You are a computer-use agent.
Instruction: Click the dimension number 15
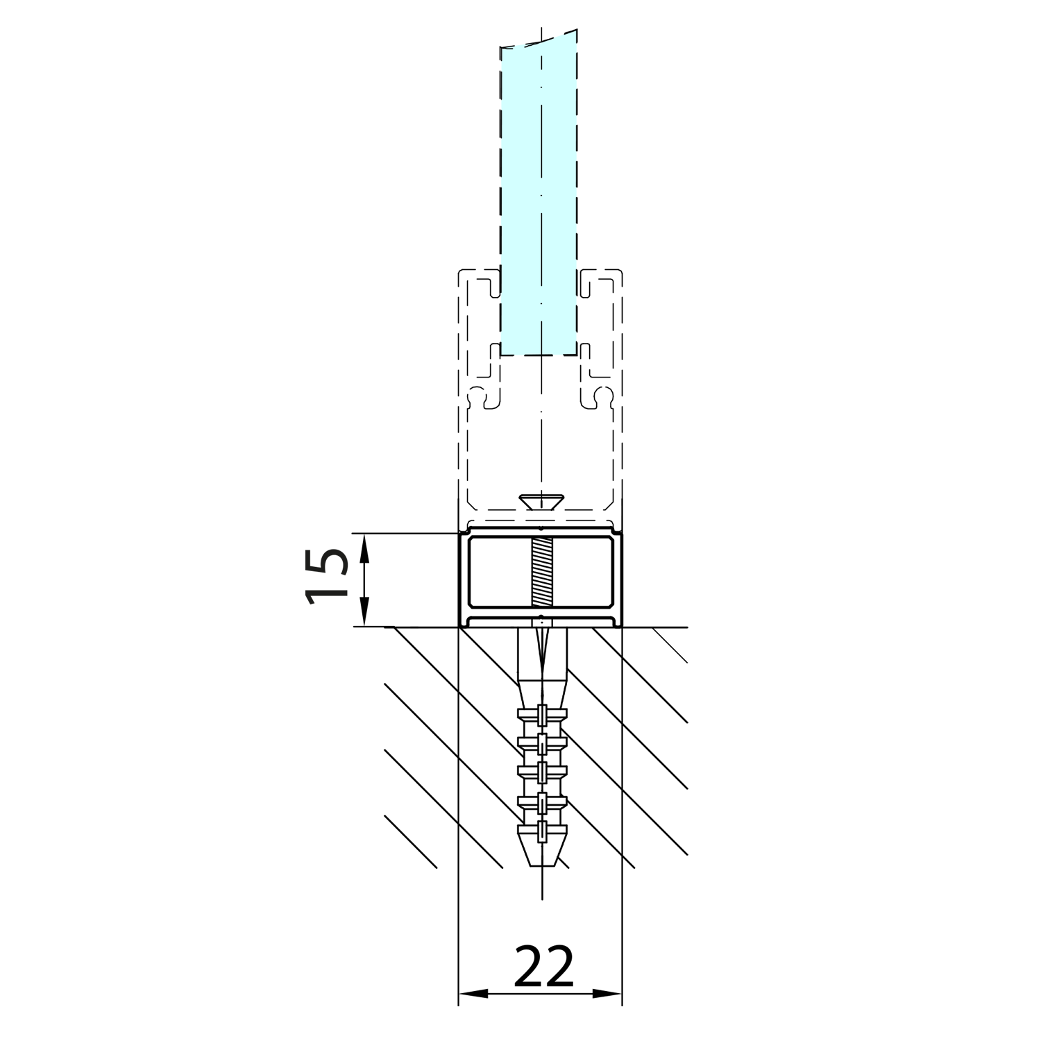point(326,577)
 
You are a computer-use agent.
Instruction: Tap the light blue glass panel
point(539,201)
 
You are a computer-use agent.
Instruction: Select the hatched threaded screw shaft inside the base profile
point(540,573)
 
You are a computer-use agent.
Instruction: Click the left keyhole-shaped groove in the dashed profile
point(484,398)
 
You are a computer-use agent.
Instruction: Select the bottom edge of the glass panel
point(539,355)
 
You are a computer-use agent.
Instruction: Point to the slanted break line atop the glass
point(539,40)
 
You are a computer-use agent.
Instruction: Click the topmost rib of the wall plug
point(542,713)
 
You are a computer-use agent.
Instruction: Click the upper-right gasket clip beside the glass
point(587,287)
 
